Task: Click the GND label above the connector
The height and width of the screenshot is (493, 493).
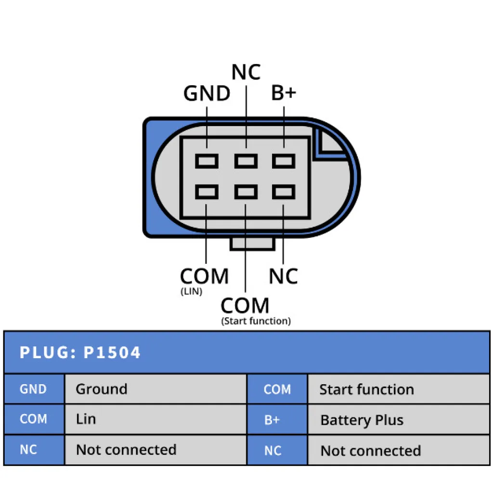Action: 207,93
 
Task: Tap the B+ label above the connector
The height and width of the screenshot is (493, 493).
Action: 284,93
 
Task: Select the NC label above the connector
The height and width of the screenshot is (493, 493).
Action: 246,72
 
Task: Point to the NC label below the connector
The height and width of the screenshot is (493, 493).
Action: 283,276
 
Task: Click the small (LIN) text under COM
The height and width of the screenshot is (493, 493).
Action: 191,292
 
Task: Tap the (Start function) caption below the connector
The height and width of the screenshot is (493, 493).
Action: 256,321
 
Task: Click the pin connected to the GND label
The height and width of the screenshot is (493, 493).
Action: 207,161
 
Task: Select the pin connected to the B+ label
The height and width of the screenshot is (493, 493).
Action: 284,161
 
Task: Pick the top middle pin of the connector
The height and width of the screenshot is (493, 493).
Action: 246,161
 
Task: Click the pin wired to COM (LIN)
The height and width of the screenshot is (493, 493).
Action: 207,193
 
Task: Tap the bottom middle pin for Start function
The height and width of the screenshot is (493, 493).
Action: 246,193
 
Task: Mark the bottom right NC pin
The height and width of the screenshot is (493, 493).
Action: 284,193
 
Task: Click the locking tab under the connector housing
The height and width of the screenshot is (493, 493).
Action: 252,244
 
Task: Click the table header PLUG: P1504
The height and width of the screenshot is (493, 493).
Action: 80,352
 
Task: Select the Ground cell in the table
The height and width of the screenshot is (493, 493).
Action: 102,389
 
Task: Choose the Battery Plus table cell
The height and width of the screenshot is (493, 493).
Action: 362,420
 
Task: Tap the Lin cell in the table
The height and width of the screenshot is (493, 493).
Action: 86,419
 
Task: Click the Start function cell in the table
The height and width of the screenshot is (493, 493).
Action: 366,389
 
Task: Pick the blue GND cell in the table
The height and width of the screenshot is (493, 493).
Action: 33,389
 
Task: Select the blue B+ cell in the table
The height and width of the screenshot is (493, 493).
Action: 272,420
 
